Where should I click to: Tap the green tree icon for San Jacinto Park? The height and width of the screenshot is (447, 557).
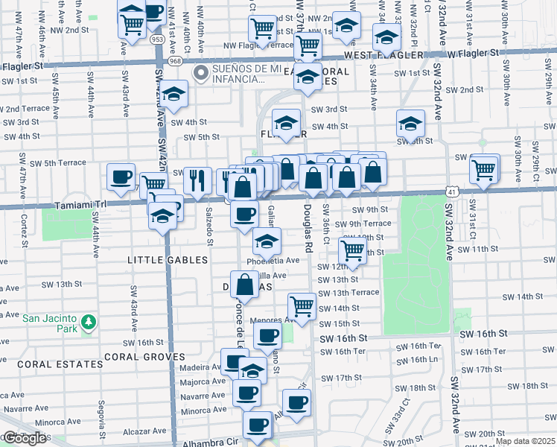click(89, 322)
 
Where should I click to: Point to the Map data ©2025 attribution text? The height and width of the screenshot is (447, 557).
click(525, 441)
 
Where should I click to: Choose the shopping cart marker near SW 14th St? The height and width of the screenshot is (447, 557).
click(302, 305)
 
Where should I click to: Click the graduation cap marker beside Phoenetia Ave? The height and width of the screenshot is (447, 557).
click(267, 241)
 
